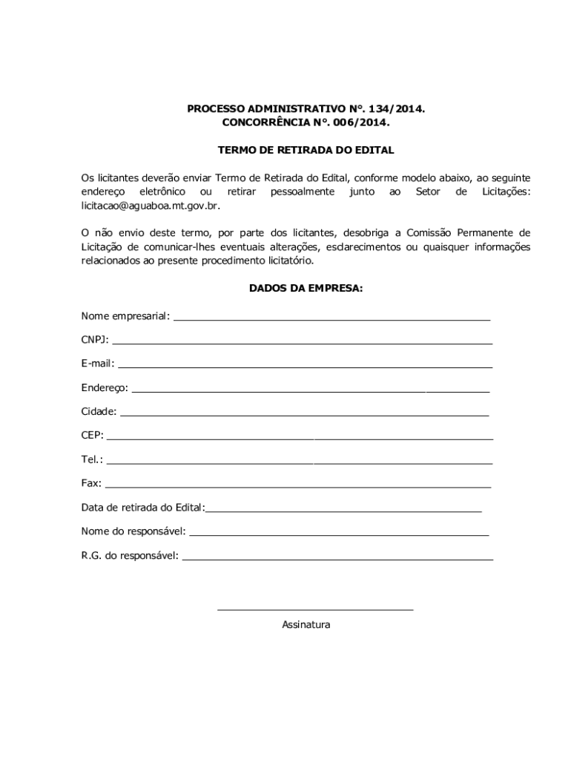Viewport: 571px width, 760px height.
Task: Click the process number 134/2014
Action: coord(397,109)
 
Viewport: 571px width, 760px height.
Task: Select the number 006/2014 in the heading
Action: coord(363,122)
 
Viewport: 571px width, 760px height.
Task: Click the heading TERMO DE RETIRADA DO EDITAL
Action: coord(306,150)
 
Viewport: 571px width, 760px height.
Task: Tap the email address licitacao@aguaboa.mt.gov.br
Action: coord(151,206)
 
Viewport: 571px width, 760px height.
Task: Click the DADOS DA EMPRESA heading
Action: coord(306,289)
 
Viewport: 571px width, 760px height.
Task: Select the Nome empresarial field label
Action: coord(125,317)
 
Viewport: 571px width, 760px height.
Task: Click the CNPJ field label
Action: coord(94,340)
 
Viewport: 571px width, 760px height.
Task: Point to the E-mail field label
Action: coord(97,364)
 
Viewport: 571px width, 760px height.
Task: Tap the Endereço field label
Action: coord(104,388)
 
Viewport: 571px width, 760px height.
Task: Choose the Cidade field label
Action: coord(99,411)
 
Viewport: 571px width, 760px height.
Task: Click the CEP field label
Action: coord(92,435)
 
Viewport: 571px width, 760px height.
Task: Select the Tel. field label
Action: coord(92,459)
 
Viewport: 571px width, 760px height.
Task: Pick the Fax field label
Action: coord(91,483)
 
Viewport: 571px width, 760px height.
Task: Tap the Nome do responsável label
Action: coord(133,531)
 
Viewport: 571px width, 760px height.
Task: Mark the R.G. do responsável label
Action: coord(130,554)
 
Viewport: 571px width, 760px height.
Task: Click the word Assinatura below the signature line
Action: coord(306,625)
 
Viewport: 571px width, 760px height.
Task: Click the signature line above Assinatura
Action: coord(314,610)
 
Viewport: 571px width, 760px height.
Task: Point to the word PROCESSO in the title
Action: coord(214,109)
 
